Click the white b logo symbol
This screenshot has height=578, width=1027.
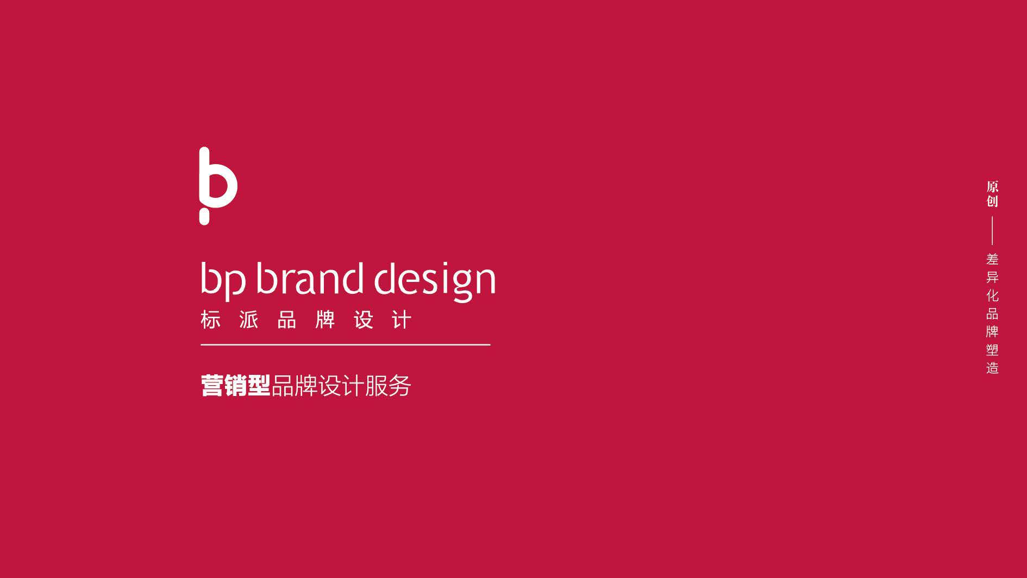point(218,185)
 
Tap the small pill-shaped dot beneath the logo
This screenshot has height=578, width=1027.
point(204,218)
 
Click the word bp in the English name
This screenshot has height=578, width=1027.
point(223,280)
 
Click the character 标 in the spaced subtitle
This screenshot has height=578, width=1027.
point(211,320)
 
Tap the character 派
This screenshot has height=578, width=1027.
point(249,320)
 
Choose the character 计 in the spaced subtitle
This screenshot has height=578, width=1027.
point(402,320)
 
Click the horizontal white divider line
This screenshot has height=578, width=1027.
point(346,344)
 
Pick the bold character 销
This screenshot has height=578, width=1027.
point(236,386)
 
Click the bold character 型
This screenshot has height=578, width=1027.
point(259,386)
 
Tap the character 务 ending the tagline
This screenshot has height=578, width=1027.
point(400,386)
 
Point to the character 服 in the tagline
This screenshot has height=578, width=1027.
point(377,386)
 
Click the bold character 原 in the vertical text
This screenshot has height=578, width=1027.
point(993,187)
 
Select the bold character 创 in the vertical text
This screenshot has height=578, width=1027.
point(993,201)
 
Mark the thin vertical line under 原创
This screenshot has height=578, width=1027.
point(992,231)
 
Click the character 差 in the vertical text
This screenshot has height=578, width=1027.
point(993,259)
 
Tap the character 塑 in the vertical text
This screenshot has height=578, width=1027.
point(993,350)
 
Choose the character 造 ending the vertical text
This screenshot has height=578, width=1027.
point(993,368)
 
